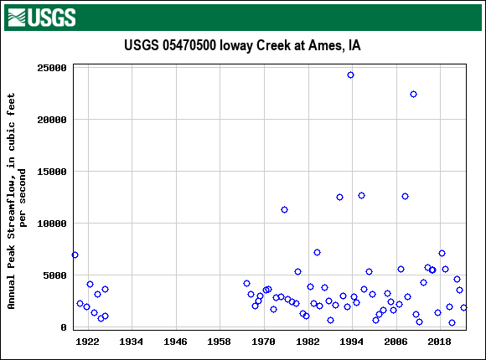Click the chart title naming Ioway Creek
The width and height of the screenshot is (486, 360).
click(242, 45)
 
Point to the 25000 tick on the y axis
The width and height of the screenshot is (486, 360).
click(51, 68)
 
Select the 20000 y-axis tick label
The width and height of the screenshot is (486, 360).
click(51, 120)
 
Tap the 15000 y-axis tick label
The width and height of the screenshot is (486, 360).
click(51, 172)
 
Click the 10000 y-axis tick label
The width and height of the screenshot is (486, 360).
click(51, 224)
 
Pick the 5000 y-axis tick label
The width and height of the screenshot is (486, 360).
click(54, 275)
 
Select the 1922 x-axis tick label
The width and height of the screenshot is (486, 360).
click(87, 342)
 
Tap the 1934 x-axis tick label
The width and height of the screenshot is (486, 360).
click(132, 342)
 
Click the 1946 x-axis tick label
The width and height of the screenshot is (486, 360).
click(175, 342)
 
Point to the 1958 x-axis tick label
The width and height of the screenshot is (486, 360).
click(220, 342)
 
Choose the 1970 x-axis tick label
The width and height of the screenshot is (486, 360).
click(263, 342)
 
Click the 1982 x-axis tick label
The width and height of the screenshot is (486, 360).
click(308, 342)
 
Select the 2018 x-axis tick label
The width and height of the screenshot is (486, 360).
click(439, 342)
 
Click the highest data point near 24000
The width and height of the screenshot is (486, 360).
click(350, 75)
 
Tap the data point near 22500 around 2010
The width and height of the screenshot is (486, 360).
click(413, 94)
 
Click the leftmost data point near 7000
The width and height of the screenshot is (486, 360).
click(75, 255)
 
